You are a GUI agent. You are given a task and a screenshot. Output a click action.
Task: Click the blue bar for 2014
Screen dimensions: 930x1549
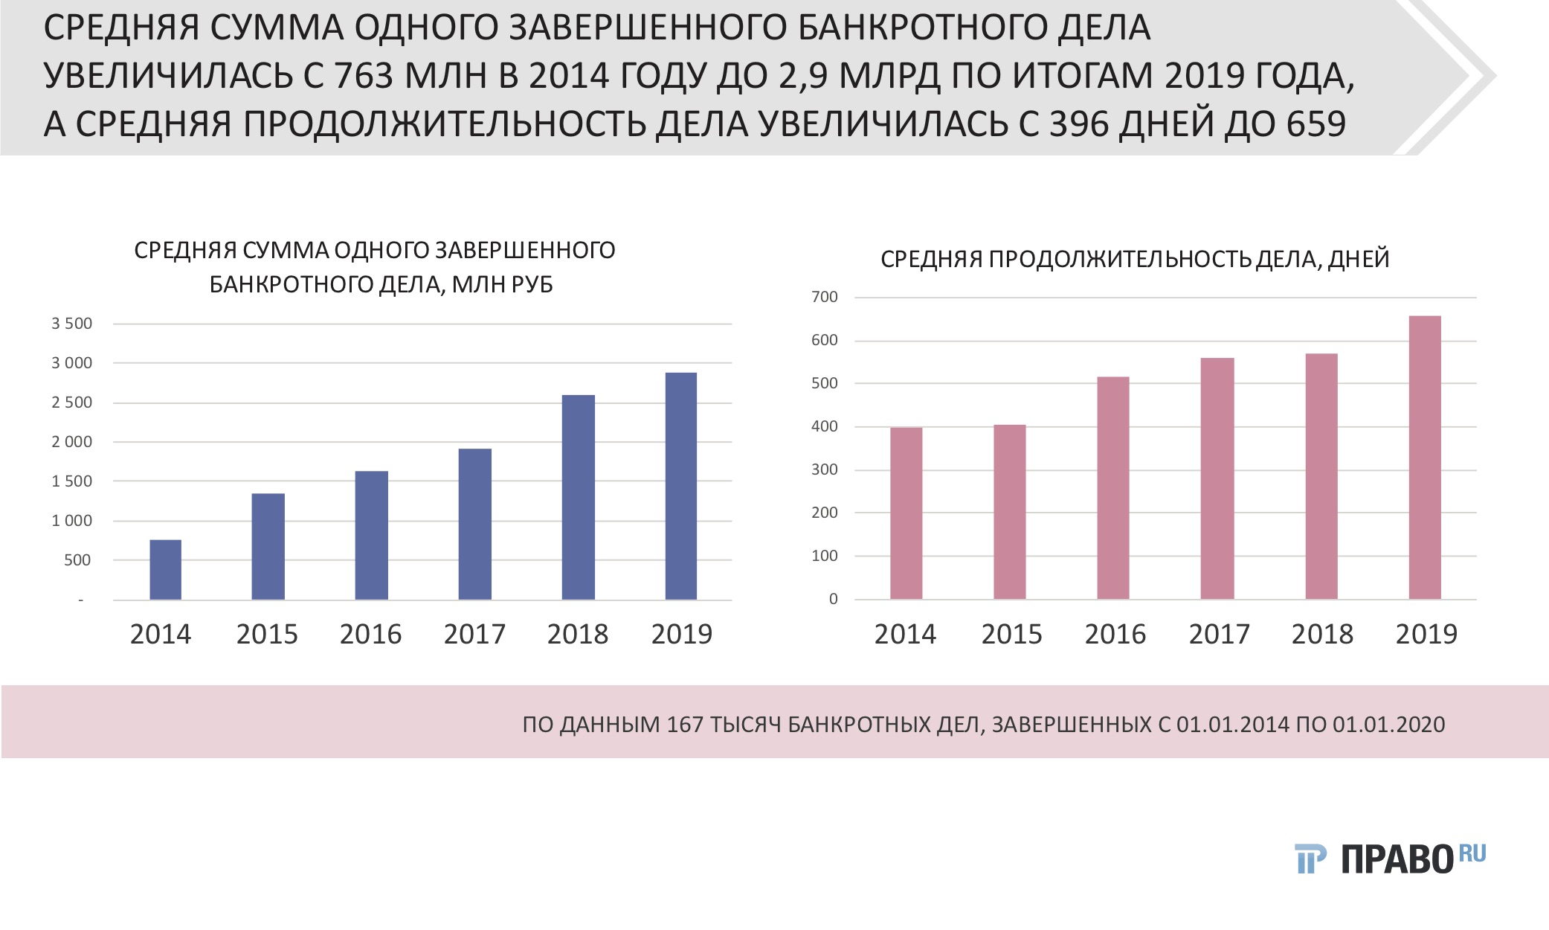tap(165, 570)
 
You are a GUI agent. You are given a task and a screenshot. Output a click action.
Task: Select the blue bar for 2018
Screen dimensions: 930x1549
tap(578, 497)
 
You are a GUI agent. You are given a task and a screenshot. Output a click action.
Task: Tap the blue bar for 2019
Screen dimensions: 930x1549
tap(680, 486)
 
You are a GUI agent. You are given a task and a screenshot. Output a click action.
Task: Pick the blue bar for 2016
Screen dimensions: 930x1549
tap(371, 535)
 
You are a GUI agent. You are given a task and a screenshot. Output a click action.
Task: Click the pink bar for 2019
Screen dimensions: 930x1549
tap(1425, 458)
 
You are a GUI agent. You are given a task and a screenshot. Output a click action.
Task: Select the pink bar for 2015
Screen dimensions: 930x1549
tap(1009, 512)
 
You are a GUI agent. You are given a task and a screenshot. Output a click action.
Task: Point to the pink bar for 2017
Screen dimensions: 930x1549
tap(1217, 478)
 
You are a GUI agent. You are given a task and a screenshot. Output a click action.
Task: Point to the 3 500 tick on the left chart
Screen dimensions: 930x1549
tap(71, 324)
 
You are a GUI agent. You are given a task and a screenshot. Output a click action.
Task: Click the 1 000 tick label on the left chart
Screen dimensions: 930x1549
tap(71, 521)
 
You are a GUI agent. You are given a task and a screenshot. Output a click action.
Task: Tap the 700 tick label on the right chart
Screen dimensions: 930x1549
tap(824, 297)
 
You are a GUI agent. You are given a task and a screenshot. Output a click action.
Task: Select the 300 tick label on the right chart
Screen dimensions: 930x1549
tap(824, 469)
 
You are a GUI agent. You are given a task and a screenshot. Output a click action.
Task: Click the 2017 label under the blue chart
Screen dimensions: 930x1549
tap(474, 635)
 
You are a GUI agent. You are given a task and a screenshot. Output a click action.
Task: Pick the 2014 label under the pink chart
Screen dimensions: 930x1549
tap(904, 635)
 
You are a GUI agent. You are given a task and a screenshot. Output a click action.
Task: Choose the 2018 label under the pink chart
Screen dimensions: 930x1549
tap(1321, 635)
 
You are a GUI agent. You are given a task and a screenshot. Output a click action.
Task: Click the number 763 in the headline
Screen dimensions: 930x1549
tap(364, 75)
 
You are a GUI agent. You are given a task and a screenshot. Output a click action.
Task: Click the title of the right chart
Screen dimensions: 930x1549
tap(1135, 259)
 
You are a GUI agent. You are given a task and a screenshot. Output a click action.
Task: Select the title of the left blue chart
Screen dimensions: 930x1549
tap(375, 267)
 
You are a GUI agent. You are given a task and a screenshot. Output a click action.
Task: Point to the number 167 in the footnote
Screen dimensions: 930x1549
tap(685, 724)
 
